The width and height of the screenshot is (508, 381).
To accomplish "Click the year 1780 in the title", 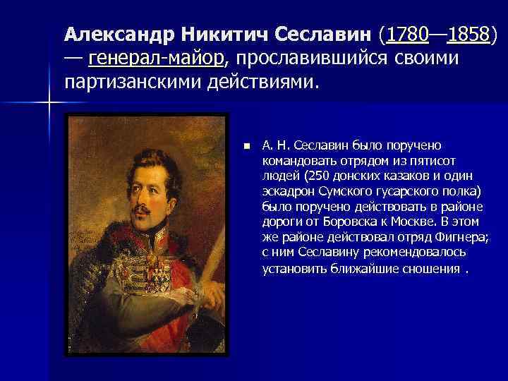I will [x=408, y=34].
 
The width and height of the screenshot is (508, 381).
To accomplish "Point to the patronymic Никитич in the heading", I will [x=224, y=34].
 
